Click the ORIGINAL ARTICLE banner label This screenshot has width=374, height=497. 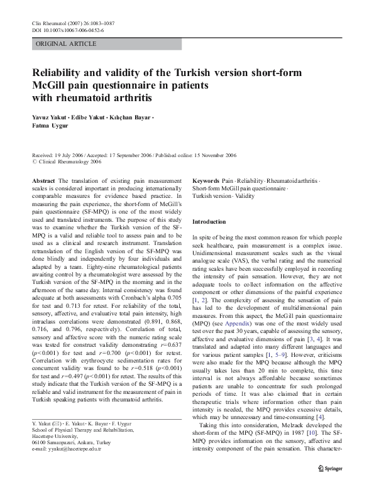(66, 44)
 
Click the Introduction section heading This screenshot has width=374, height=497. (208, 222)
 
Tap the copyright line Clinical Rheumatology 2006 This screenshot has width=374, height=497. (69, 161)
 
